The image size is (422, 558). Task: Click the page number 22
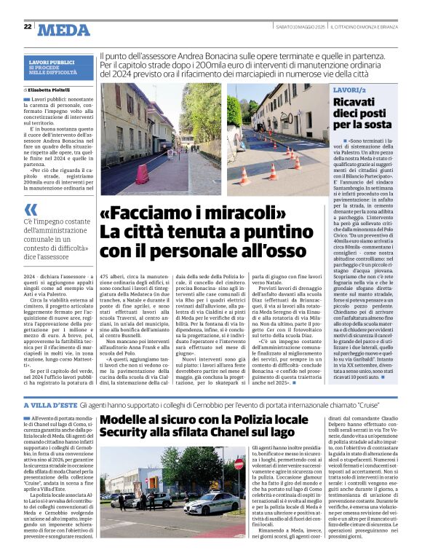27,27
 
